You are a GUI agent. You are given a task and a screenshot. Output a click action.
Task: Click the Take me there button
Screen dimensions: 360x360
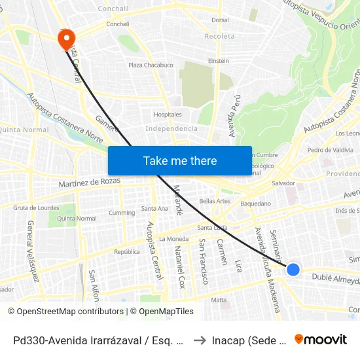click(x=180, y=160)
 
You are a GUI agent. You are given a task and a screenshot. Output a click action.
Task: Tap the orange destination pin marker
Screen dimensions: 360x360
click(x=67, y=39)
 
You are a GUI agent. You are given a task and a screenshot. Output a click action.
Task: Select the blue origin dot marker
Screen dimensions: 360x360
click(x=293, y=269)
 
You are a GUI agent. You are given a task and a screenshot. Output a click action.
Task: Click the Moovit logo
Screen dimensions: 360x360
click(x=321, y=340)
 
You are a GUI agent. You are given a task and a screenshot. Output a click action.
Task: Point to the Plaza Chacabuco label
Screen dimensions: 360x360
click(x=151, y=65)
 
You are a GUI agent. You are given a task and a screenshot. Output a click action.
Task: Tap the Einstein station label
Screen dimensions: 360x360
click(x=218, y=61)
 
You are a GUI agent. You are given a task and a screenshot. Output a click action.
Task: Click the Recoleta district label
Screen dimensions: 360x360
click(x=219, y=36)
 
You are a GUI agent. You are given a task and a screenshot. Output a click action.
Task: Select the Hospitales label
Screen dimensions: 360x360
click(x=168, y=115)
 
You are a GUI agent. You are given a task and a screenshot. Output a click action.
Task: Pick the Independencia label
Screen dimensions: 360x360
click(x=171, y=128)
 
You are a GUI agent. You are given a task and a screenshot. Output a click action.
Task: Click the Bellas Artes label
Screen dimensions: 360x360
click(x=215, y=200)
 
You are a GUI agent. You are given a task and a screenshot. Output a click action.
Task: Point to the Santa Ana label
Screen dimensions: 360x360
click(x=155, y=209)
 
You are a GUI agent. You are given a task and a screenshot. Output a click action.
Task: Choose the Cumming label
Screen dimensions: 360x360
click(x=122, y=213)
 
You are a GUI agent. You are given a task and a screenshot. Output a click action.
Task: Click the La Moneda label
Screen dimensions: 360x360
click(x=173, y=239)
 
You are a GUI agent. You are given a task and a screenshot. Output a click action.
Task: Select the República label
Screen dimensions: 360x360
click(x=127, y=251)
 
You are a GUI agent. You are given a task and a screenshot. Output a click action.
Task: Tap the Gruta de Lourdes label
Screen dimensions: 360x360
click(x=36, y=207)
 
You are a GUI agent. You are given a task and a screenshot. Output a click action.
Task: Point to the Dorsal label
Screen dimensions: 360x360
click(x=220, y=20)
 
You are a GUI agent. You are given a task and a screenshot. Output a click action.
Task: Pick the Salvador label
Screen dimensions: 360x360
click(x=283, y=183)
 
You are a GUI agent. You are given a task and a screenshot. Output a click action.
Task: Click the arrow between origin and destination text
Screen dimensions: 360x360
click(x=199, y=340)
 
